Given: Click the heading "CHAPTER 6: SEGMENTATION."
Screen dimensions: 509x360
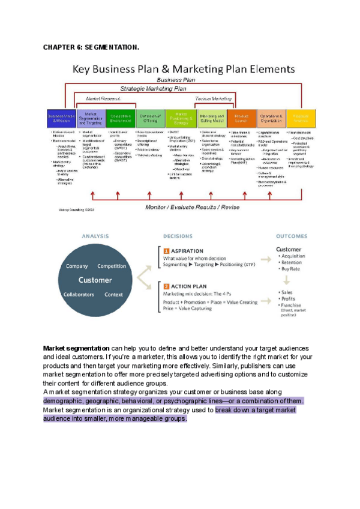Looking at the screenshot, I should pyautogui.click(x=91, y=47).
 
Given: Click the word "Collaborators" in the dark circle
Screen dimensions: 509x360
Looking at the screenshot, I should pyautogui.click(x=78, y=295).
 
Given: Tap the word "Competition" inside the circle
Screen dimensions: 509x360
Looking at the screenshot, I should pyautogui.click(x=112, y=266).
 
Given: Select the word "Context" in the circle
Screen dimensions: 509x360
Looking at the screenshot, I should pyautogui.click(x=113, y=295).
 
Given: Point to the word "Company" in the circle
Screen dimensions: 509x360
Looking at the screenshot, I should pyautogui.click(x=77, y=266).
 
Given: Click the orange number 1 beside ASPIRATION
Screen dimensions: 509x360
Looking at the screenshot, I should pyautogui.click(x=166, y=251).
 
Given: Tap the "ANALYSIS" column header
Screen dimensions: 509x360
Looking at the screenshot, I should pyautogui.click(x=95, y=236).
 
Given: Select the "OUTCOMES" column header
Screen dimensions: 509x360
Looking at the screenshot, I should pyautogui.click(x=292, y=236).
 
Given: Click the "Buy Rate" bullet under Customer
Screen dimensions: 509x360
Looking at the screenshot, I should pyautogui.click(x=290, y=269).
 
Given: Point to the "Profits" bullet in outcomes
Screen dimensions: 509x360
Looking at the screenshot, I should pyautogui.click(x=289, y=298).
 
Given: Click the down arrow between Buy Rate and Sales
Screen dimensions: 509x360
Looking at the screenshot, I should pyautogui.click(x=287, y=280).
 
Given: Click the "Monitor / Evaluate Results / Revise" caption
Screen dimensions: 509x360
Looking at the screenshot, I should pyautogui.click(x=192, y=207).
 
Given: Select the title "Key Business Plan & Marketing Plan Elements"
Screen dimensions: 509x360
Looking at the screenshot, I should pyautogui.click(x=183, y=69).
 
